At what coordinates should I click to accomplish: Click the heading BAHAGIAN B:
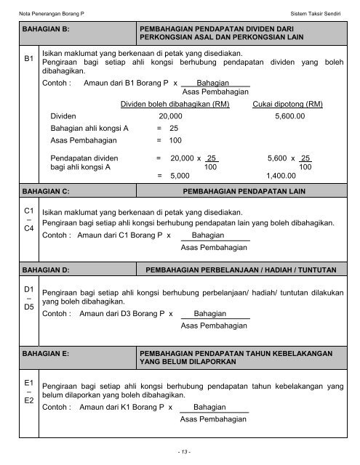47,30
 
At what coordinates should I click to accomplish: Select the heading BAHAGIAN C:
47,191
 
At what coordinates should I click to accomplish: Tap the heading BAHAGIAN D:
47,270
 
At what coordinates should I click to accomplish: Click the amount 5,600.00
295,116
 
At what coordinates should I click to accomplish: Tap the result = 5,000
174,175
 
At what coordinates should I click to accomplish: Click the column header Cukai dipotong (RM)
287,104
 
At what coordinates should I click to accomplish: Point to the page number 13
180,451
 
